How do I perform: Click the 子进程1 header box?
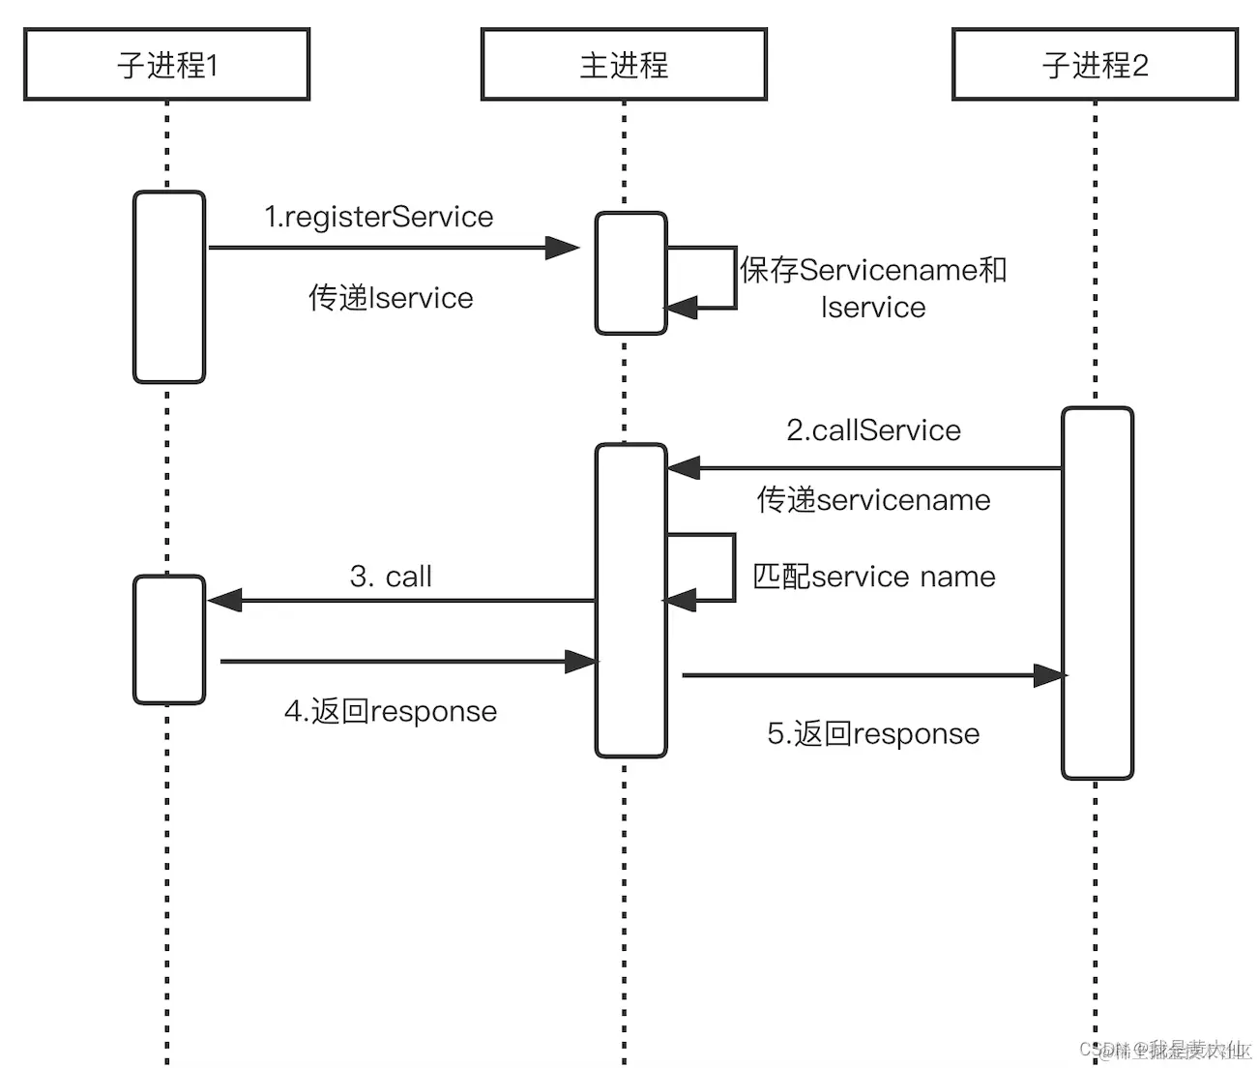pos(166,65)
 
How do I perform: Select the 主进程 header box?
pos(624,65)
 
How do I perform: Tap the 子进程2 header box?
pos(1095,65)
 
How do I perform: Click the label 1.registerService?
pos(379,217)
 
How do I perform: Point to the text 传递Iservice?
pos(391,298)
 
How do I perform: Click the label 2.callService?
pos(873,430)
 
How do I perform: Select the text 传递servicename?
pos(873,500)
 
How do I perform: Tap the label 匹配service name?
pos(874,577)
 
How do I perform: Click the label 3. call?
pos(391,577)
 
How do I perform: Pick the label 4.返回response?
pos(391,712)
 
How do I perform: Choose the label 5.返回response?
pos(873,734)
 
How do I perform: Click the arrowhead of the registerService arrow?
pos(562,249)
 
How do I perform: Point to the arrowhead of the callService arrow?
pos(684,468)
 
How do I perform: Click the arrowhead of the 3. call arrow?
pos(224,601)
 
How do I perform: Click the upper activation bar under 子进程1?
pos(169,287)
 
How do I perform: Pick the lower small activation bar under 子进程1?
pos(169,639)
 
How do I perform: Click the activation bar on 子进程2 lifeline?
pos(1097,593)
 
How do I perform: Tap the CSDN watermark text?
pos(1164,1050)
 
